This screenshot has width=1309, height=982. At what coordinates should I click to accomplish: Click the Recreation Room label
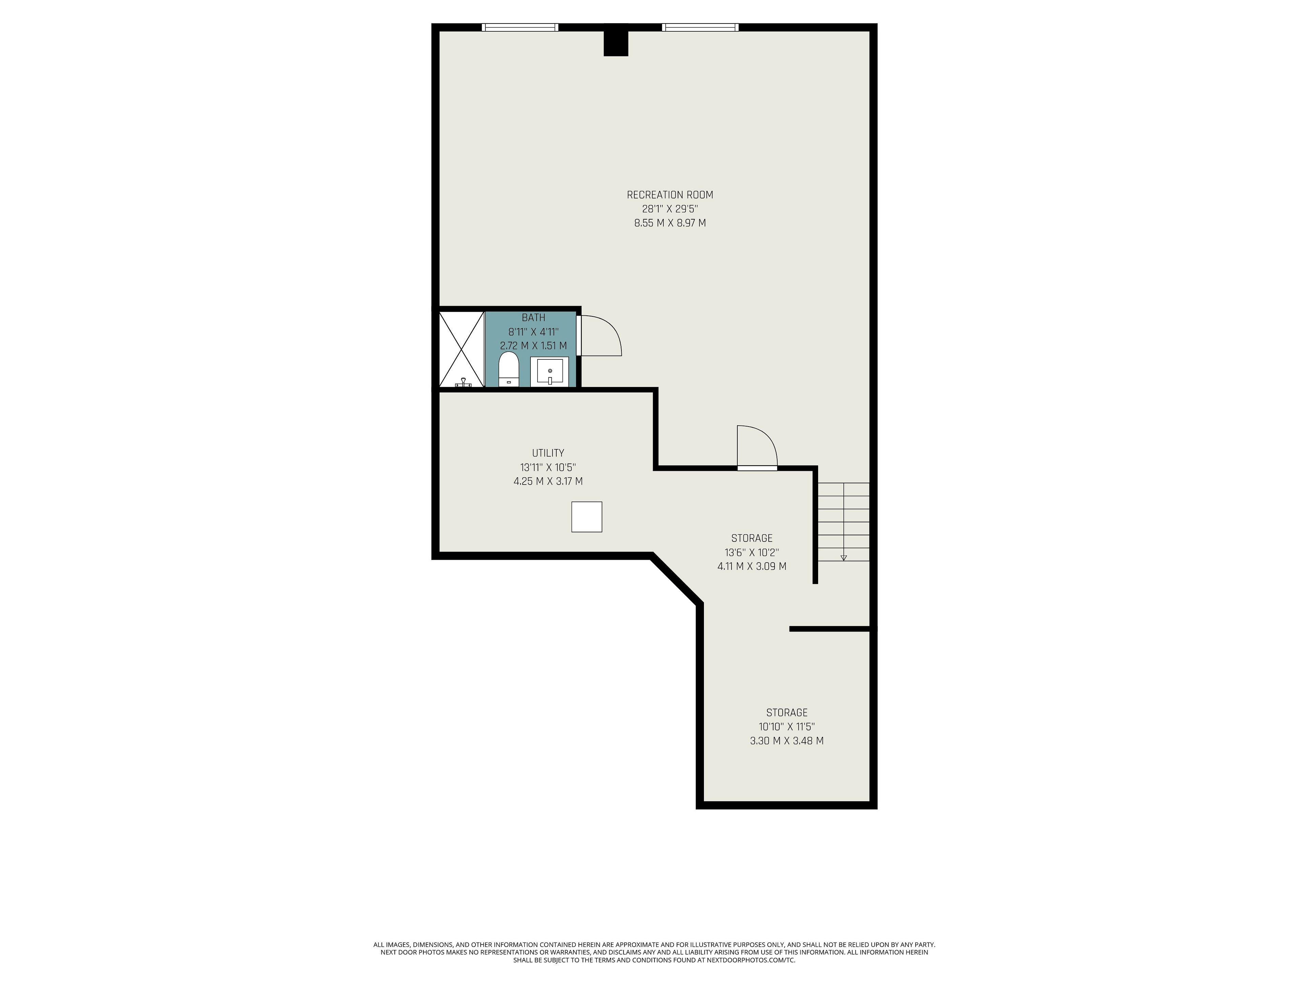point(670,195)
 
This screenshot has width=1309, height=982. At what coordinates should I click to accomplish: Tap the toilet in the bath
point(508,369)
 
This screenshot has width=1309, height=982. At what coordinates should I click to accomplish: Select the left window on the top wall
point(520,27)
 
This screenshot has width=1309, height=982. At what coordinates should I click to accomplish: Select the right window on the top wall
point(700,27)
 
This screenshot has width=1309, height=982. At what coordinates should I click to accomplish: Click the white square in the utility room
point(586,517)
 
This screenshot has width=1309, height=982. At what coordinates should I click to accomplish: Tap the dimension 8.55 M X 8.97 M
point(670,223)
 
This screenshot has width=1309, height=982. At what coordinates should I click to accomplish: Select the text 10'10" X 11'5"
point(786,727)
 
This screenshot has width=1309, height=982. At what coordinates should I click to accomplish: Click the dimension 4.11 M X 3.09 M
point(752,566)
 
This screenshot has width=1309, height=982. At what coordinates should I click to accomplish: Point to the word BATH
point(533,318)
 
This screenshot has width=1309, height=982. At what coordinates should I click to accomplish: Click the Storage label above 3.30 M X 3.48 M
point(786,713)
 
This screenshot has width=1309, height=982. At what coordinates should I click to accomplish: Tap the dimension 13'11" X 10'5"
point(548,467)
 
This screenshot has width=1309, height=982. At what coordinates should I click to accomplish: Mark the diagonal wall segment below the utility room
point(676,580)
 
